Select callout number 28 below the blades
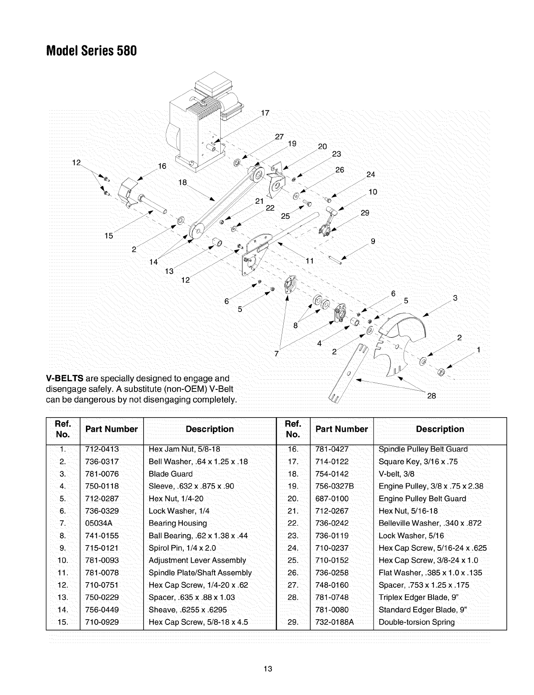(x=431, y=396)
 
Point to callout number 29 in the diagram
(x=365, y=213)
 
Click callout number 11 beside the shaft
(x=310, y=261)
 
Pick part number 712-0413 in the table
(x=102, y=449)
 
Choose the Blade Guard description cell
(x=171, y=474)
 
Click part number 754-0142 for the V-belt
(x=332, y=474)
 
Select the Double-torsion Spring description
(x=416, y=622)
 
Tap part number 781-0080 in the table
(x=332, y=610)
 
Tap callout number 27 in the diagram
(x=279, y=136)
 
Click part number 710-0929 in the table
(x=102, y=622)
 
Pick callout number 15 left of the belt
(x=108, y=236)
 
